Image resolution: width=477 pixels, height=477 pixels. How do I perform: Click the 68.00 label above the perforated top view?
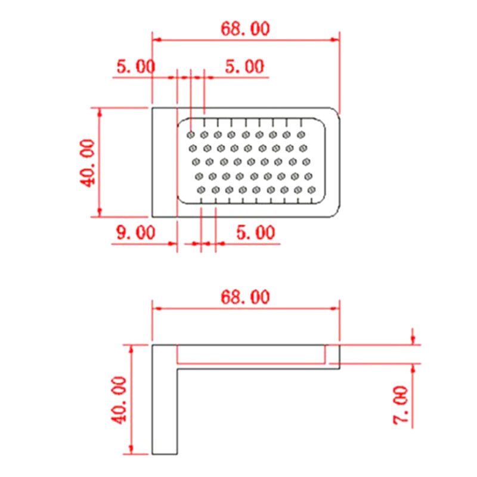245,29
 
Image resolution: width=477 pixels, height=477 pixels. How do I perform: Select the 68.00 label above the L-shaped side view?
245,296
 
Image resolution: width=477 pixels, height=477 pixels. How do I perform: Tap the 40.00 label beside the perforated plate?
88,162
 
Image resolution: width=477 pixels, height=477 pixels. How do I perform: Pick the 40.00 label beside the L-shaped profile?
119,399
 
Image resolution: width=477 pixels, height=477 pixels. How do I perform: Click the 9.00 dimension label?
136,232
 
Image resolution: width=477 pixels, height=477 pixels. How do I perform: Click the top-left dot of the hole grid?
191,134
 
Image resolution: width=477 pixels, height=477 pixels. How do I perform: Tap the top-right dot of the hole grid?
301,134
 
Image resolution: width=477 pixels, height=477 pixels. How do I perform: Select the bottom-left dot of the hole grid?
201,190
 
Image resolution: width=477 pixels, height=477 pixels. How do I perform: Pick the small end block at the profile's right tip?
333,355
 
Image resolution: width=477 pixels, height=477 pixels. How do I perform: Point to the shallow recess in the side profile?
250,355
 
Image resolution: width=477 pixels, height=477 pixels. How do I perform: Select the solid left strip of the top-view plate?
164,162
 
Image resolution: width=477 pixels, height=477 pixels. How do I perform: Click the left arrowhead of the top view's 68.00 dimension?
157,40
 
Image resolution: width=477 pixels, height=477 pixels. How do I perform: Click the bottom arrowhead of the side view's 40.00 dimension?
131,450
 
